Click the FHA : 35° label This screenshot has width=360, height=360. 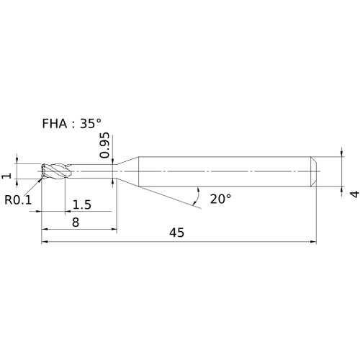[x=71, y=124]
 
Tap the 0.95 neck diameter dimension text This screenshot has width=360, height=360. [x=104, y=145]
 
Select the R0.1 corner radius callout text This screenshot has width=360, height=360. [x=18, y=199]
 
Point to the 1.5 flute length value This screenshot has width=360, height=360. [x=82, y=204]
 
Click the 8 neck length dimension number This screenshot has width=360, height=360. [x=76, y=222]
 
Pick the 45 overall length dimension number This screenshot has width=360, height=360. [x=177, y=233]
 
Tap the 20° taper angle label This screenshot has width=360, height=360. [x=220, y=199]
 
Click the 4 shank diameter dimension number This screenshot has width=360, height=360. [x=355, y=194]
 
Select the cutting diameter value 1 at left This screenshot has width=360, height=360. [x=6, y=176]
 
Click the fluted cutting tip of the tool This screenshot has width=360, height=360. [x=56, y=171]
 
